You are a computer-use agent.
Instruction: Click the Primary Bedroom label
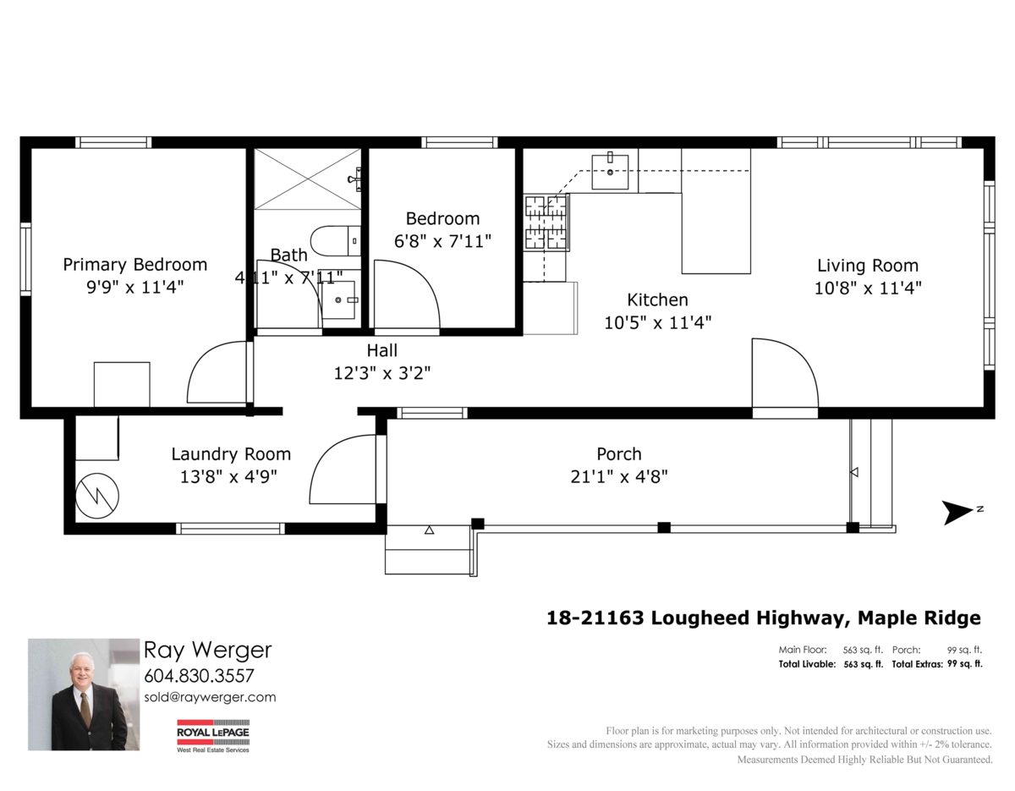(134, 265)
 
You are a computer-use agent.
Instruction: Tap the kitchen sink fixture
(609, 172)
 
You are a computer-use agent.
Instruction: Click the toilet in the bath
(335, 241)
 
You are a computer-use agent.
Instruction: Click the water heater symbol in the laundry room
(97, 495)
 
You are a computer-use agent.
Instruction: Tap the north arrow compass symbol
(960, 512)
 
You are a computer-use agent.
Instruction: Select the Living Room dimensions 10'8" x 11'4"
(867, 288)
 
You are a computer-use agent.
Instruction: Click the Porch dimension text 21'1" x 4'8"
(618, 476)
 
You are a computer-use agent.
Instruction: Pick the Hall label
(381, 350)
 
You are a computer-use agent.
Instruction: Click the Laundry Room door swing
(345, 471)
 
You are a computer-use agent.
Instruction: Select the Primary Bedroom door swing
(219, 373)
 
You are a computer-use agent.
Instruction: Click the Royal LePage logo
(212, 735)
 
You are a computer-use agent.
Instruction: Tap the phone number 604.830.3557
(199, 676)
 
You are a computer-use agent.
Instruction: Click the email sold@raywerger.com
(210, 697)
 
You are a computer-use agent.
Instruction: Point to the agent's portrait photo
(83, 694)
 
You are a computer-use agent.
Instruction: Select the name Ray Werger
(207, 650)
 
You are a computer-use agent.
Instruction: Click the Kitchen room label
(657, 299)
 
